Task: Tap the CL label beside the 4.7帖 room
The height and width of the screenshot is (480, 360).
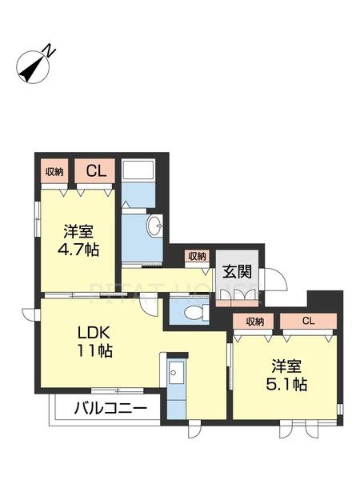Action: point(96,170)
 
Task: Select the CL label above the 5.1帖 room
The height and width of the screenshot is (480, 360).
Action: point(308,322)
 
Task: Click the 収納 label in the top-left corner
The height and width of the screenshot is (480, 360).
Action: point(54,170)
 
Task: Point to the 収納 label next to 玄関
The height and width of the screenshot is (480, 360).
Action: point(197,256)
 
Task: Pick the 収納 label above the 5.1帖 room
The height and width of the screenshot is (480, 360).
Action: point(255,322)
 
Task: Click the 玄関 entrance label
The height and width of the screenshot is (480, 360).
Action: point(237,270)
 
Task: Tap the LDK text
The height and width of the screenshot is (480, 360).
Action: point(93,331)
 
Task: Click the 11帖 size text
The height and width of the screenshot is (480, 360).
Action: point(94,351)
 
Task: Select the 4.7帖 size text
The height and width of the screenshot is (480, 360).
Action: point(79,250)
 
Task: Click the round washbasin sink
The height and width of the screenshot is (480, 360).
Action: point(156,226)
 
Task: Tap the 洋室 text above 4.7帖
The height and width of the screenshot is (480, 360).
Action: point(79,231)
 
